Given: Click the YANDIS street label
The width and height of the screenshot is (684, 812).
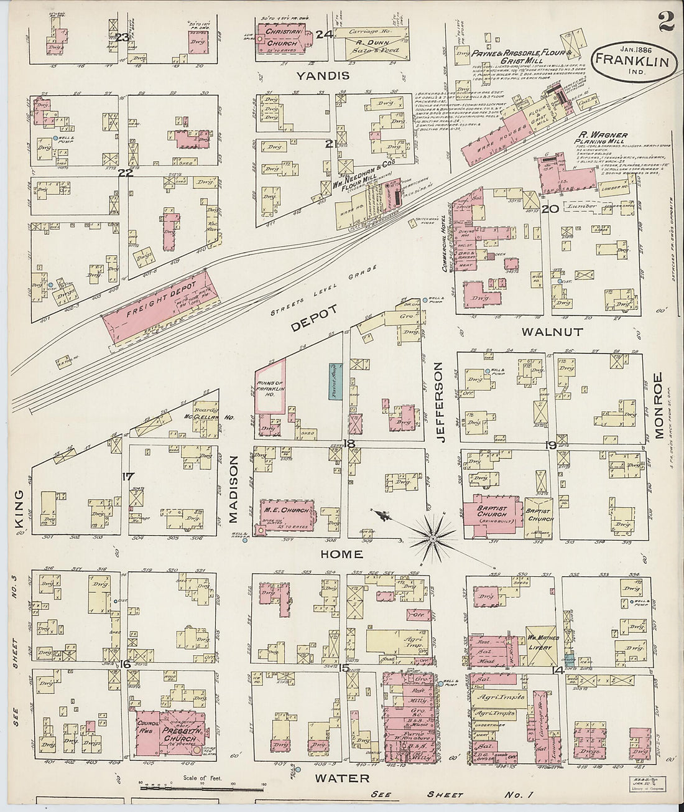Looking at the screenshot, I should point(323,76).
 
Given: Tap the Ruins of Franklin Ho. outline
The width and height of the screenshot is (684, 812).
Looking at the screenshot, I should point(269,389).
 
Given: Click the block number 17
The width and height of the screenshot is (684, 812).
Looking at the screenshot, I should point(128,477).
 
